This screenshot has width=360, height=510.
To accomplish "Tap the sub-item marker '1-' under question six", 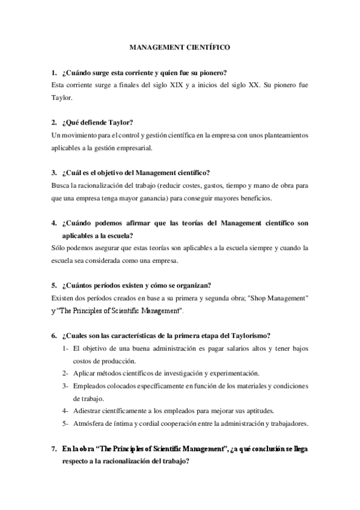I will coord(64,349).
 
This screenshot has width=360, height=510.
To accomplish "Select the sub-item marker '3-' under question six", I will coord(64,386).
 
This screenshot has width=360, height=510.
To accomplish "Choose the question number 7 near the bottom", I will coord(53,449).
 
